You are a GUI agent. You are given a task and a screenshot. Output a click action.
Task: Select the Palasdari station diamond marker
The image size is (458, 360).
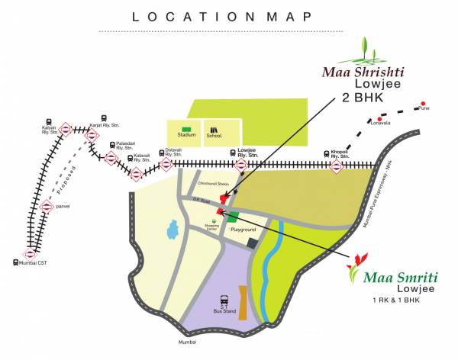click(x=111, y=159)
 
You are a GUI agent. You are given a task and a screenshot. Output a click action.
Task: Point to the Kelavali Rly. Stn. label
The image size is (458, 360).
click(x=143, y=158)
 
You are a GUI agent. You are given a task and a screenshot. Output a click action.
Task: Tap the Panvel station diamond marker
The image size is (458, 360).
click(x=47, y=207)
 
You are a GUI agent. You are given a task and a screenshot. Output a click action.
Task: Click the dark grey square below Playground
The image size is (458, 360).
click(x=253, y=243)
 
